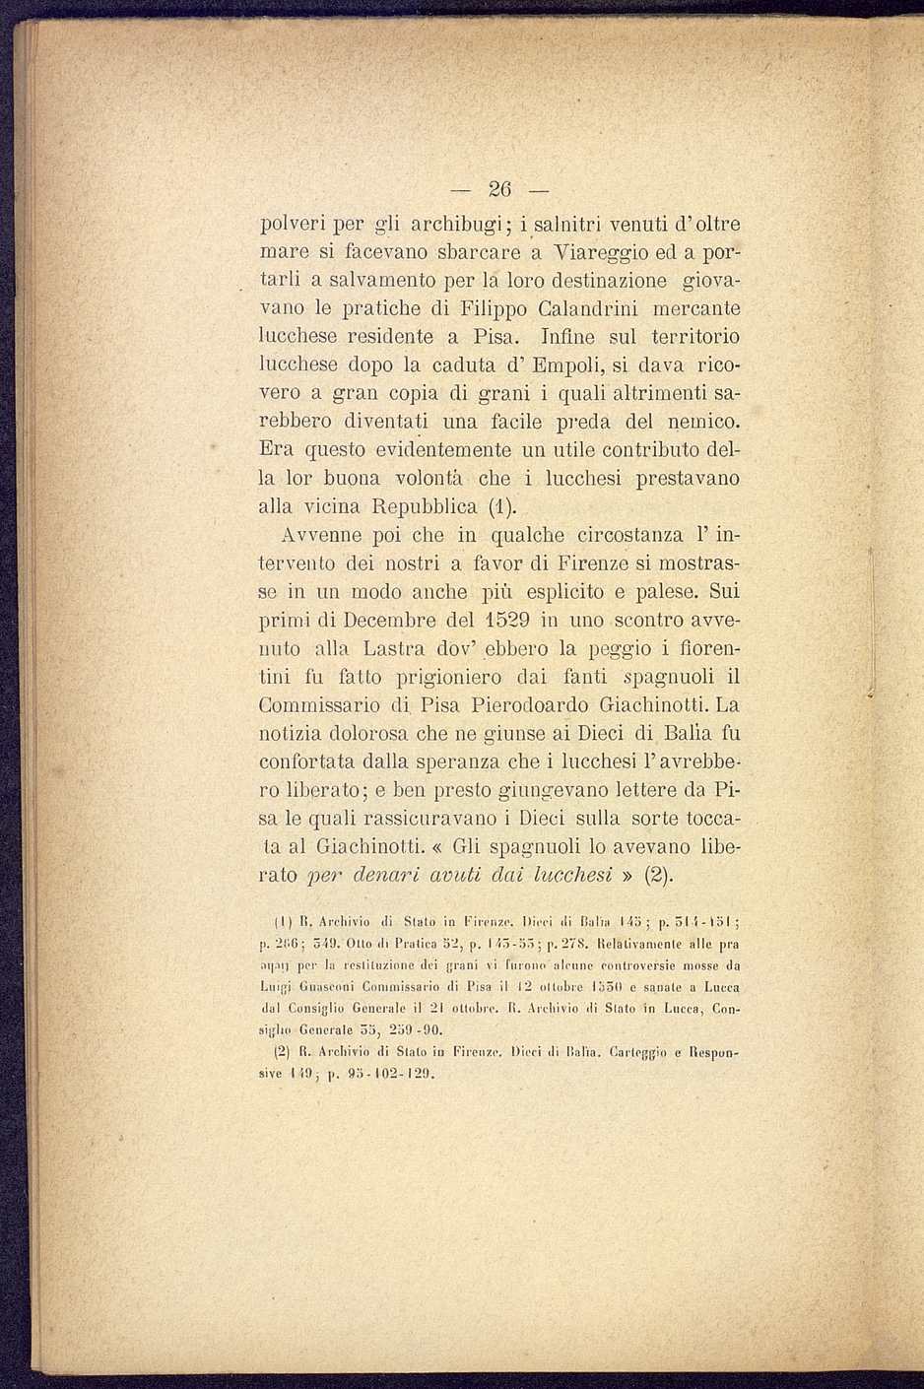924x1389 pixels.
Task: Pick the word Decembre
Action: pos(390,622)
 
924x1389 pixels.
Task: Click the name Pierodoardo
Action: pos(525,706)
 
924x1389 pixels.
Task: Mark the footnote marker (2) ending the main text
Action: pos(659,875)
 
